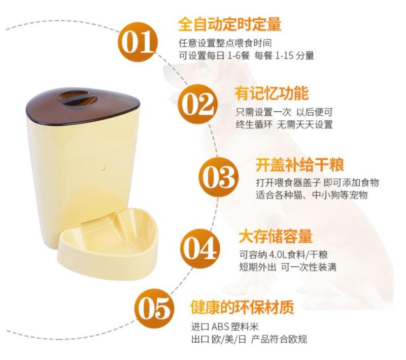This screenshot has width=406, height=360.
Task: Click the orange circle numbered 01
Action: (138, 42)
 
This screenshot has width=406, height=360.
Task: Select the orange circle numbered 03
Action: (218, 177)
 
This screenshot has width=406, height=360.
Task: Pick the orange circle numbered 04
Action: (200, 248)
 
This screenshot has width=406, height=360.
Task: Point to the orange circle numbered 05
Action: (154, 308)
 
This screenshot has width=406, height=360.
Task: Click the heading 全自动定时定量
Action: (230, 24)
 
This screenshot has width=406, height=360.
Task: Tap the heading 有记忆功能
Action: (272, 93)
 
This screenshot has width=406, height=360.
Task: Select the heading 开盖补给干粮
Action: (300, 165)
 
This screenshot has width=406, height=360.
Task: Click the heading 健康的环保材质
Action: (243, 307)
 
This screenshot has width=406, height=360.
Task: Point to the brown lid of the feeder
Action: (83, 106)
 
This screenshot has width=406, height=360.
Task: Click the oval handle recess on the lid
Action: (77, 99)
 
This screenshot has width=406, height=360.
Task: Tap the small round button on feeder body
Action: (104, 168)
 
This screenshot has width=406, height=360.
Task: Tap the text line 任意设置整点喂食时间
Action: (225, 43)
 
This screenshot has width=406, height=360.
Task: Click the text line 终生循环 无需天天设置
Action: (284, 124)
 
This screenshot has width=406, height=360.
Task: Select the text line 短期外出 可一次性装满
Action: (288, 267)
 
